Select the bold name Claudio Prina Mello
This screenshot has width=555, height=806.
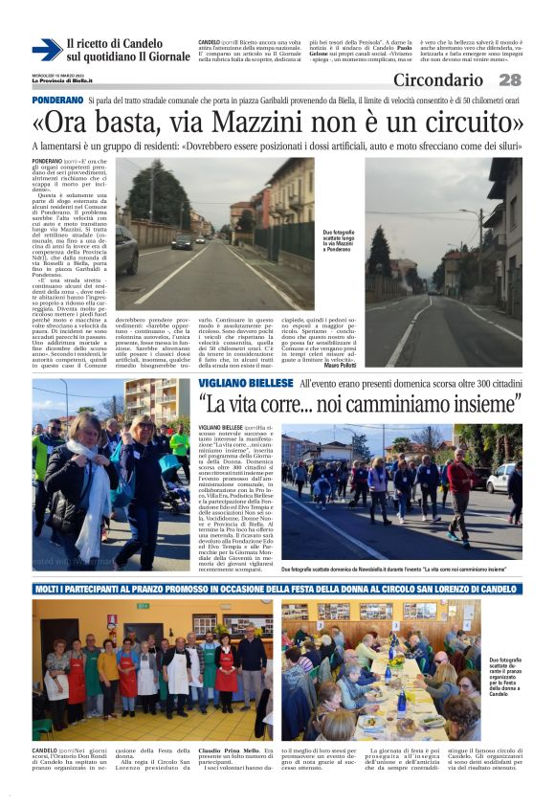pos(233,750)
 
